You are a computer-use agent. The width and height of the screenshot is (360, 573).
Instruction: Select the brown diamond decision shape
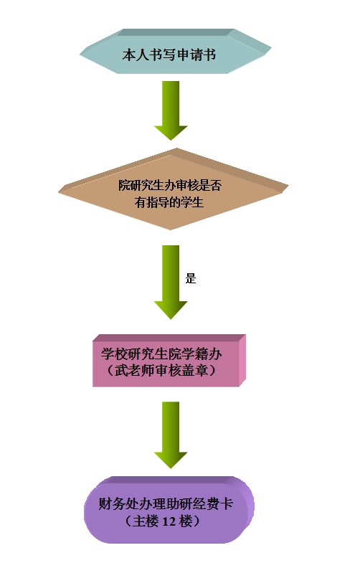tap(174, 189)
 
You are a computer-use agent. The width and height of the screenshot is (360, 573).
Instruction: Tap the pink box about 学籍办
tap(169, 360)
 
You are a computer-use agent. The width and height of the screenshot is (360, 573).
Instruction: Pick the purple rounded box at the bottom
tap(169, 509)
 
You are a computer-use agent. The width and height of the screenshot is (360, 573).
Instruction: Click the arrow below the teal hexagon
tap(171, 110)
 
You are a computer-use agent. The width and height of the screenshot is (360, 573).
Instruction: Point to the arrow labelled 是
tap(171, 282)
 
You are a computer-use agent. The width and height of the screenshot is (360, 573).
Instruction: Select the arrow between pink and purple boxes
tap(171, 435)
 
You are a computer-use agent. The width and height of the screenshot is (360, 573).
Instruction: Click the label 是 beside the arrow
tap(191, 278)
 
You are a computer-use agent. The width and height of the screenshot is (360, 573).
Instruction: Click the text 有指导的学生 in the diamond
tap(169, 202)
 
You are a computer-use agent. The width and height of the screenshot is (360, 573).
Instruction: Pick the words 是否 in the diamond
tap(211, 185)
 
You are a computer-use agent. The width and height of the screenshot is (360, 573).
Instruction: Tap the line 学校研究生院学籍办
tap(161, 354)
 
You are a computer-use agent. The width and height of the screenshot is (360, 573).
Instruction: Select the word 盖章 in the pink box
tap(194, 371)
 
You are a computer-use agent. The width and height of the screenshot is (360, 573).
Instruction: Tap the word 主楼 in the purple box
tap(145, 521)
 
